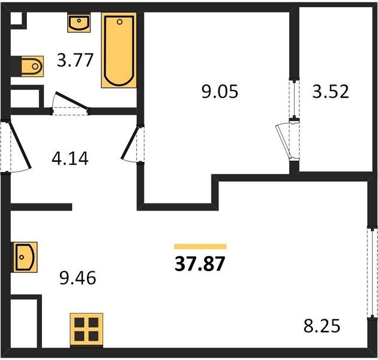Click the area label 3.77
[x=75, y=60]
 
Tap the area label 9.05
[x=220, y=91]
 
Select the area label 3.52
[x=331, y=91]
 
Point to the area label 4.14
[x=70, y=158]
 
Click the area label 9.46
[x=77, y=278]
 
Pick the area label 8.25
[x=322, y=326]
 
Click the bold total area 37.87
[x=200, y=263]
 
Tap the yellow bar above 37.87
[x=200, y=247]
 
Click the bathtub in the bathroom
[x=119, y=50]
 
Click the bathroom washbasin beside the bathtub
[x=79, y=23]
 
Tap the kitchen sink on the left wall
[x=25, y=257]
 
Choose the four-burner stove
[x=86, y=329]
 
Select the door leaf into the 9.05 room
[x=130, y=143]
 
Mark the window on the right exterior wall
[x=373, y=273]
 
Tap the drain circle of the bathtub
[x=119, y=22]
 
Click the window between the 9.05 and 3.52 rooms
[x=294, y=99]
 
